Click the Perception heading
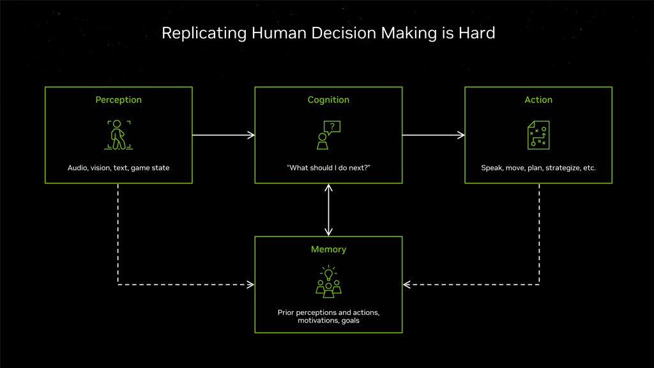click(x=118, y=100)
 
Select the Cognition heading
click(x=328, y=100)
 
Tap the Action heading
click(x=538, y=100)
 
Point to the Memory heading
click(x=328, y=250)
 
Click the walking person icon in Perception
click(x=118, y=135)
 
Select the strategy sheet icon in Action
click(x=538, y=135)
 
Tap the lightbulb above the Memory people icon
click(x=329, y=273)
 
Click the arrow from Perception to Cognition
click(x=224, y=135)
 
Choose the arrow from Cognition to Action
click(x=434, y=135)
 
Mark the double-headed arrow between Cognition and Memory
click(x=329, y=210)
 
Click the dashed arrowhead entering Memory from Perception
click(x=250, y=284)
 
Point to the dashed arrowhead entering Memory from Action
click(x=407, y=284)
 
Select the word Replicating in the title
click(x=204, y=33)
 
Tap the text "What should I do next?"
click(x=328, y=168)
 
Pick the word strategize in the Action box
click(x=563, y=168)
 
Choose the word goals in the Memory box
click(x=351, y=321)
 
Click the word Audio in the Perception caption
click(x=77, y=168)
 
